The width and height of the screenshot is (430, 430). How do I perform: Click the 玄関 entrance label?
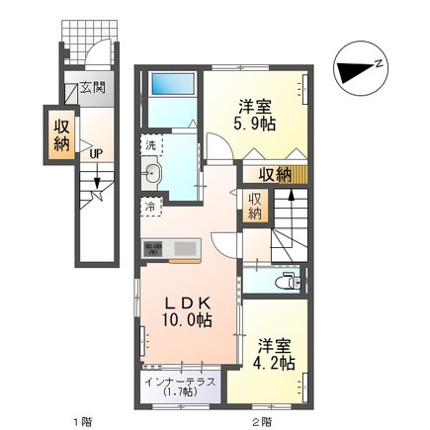(x=94, y=85)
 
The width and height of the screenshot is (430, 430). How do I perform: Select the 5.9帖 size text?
(x=255, y=126)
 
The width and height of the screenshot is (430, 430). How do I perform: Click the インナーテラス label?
(x=185, y=383)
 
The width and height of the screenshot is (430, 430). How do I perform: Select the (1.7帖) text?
(x=185, y=394)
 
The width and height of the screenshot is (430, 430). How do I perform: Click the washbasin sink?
(x=152, y=175)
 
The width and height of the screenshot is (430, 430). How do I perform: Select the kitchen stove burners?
(x=154, y=247)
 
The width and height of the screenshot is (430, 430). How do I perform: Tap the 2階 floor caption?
(x=261, y=421)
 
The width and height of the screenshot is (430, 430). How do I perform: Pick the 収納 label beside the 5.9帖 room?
(x=275, y=176)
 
